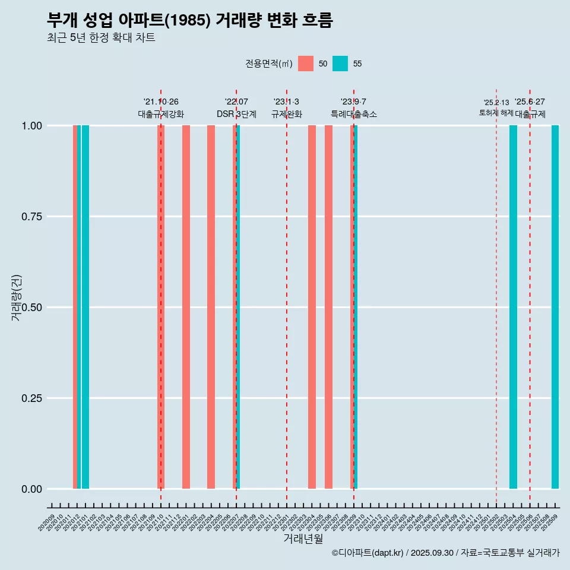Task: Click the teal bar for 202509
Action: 555,307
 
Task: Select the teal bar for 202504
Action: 513,307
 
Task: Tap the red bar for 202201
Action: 186,307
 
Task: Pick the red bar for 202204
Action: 211,307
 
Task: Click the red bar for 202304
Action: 312,307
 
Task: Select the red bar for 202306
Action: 328,307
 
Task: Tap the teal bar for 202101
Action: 85,307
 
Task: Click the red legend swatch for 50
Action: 306,64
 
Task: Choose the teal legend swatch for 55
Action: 340,64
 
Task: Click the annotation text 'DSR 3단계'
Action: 236,114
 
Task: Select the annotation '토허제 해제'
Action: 496,112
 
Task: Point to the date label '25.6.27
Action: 530,102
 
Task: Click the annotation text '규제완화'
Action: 287,114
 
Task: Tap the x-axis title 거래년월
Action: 303,539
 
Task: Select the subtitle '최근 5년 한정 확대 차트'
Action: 101,38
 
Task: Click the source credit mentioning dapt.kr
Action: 445,553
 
